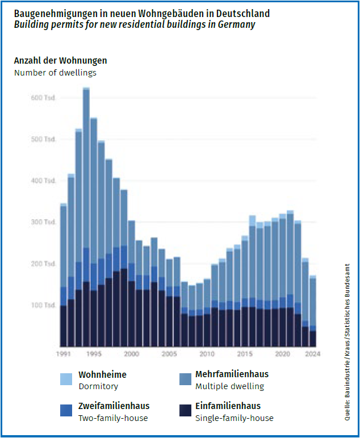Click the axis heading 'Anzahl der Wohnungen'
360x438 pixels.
click(60, 61)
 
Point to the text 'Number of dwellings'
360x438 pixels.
click(55, 72)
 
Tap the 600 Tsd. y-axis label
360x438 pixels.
click(43, 98)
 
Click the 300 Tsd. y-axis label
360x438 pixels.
click(43, 222)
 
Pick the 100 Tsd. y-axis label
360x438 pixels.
click(43, 305)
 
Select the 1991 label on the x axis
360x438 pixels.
click(63, 354)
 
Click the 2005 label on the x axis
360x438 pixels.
click(169, 354)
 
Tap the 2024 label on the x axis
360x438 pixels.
click(313, 354)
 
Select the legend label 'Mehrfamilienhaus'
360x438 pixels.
click(232, 374)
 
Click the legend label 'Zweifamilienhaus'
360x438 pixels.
click(114, 406)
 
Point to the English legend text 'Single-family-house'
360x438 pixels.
click(234, 418)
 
